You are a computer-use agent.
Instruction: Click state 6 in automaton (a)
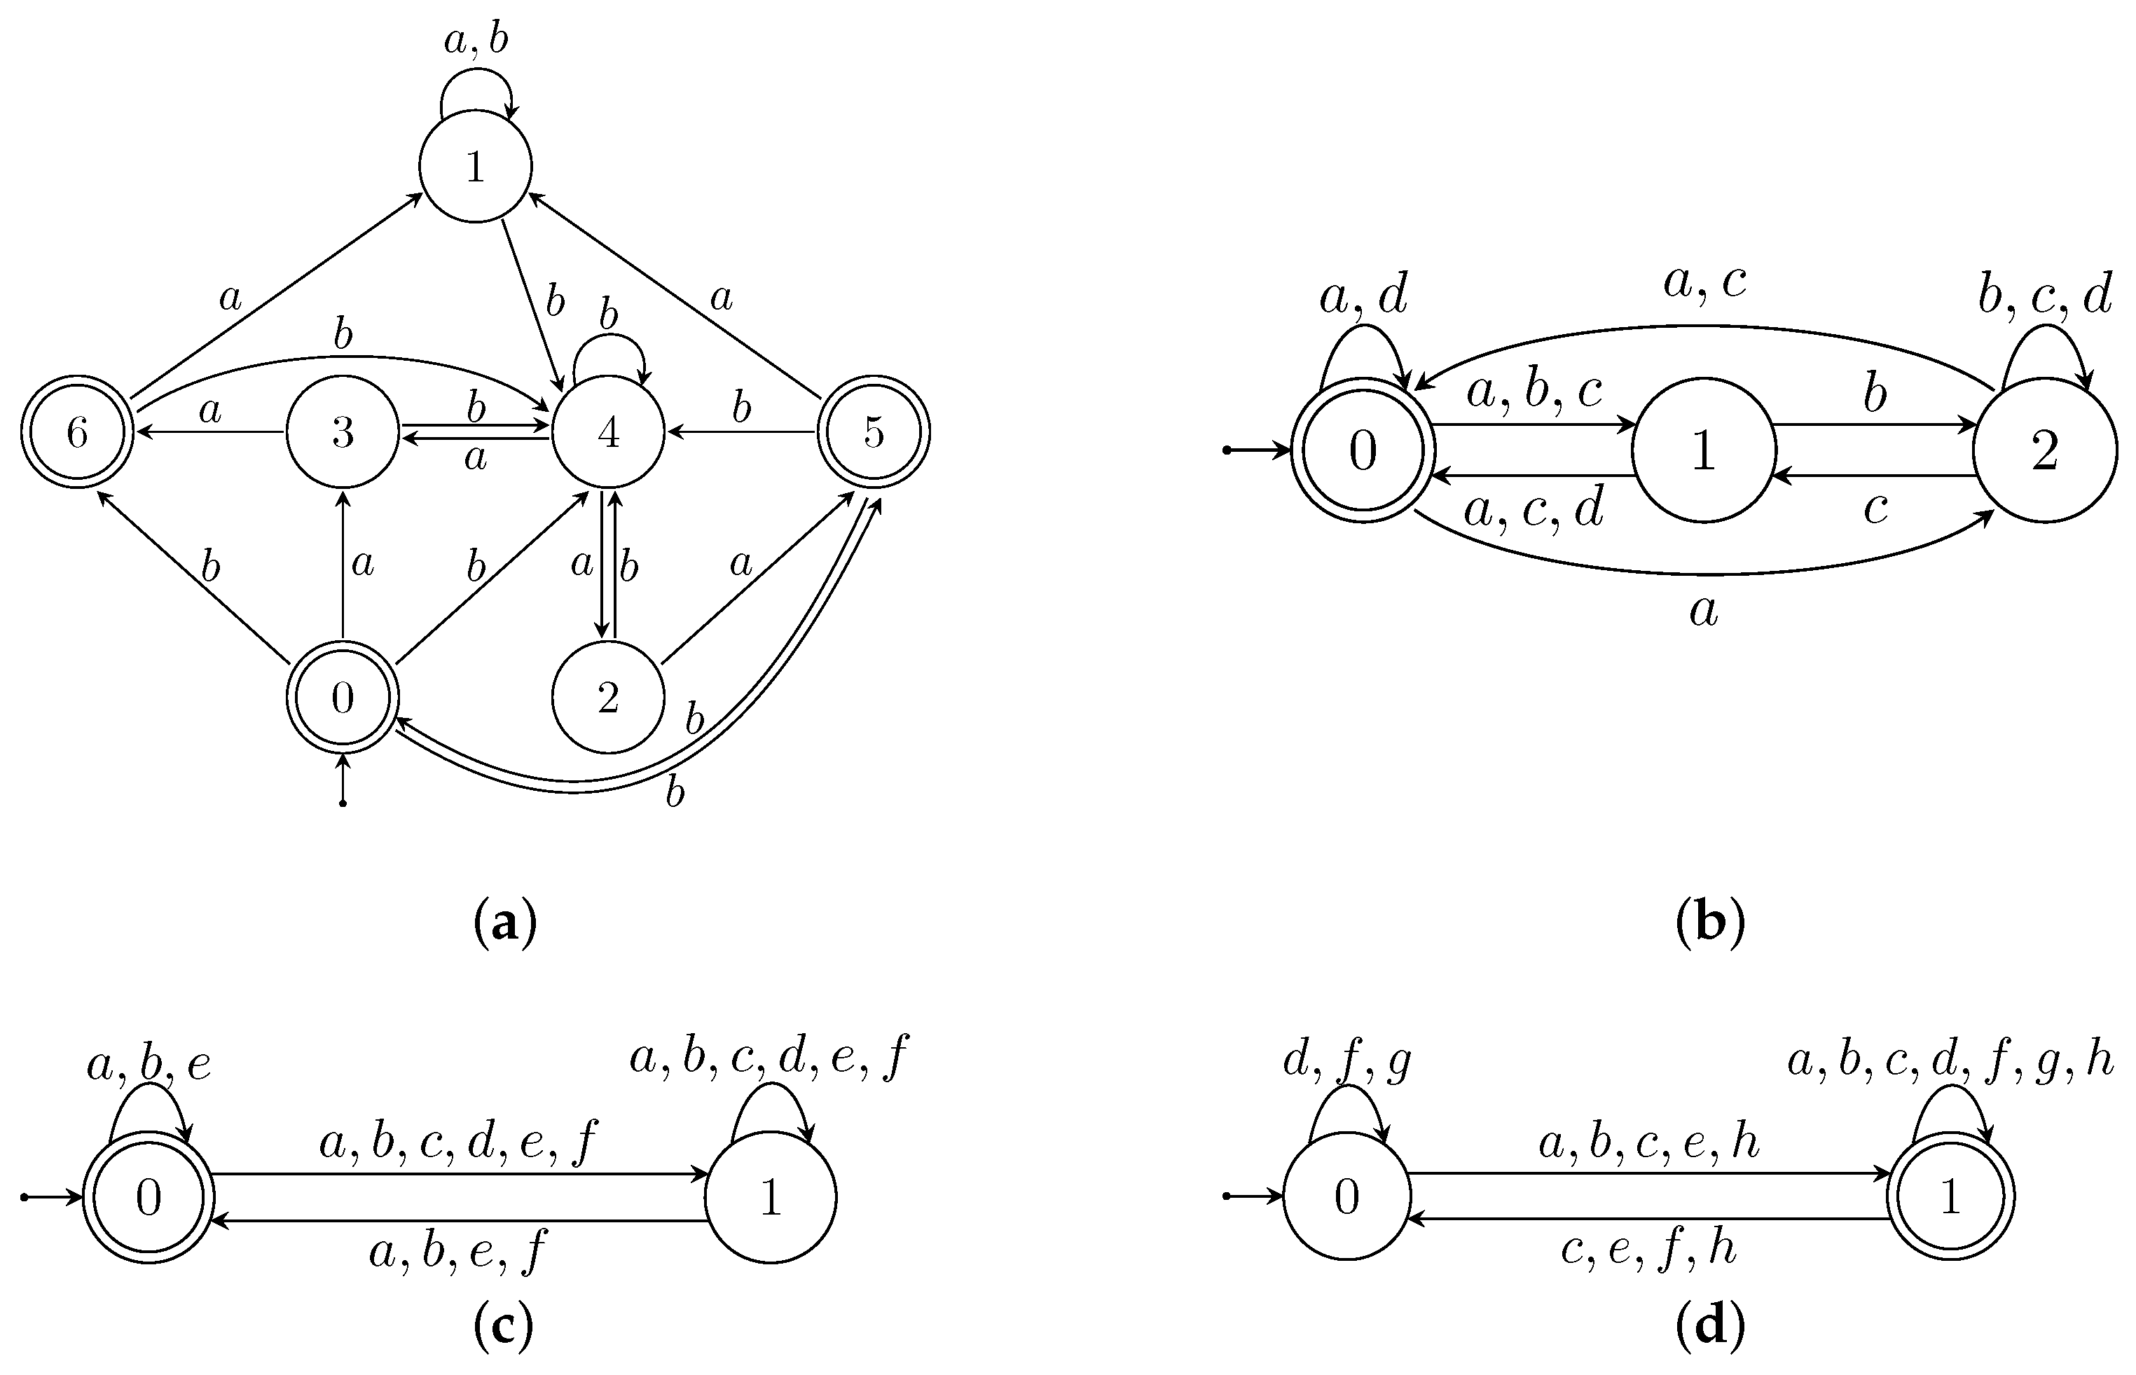coord(77,433)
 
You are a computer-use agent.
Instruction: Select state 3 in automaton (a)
coord(343,433)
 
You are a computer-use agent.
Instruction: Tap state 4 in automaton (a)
coord(608,433)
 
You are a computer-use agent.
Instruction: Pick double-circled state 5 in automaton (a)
coord(874,433)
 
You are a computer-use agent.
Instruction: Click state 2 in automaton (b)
coord(2044,451)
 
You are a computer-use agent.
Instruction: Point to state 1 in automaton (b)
coord(1703,451)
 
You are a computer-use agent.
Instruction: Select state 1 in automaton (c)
coord(771,1197)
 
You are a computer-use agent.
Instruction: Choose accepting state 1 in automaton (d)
coord(1950,1197)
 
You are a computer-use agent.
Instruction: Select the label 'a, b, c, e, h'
coord(1648,1143)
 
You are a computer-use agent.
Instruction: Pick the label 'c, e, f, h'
coord(1648,1249)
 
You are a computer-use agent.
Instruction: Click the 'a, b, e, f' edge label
coord(458,1251)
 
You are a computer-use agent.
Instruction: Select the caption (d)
coord(1709,1327)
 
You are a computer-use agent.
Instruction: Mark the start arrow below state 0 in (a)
coord(343,780)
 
